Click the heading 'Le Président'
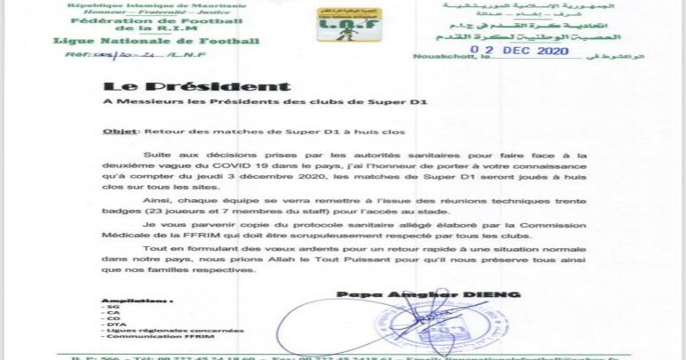[195, 86]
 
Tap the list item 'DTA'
[112, 324]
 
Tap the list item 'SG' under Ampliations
[110, 307]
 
